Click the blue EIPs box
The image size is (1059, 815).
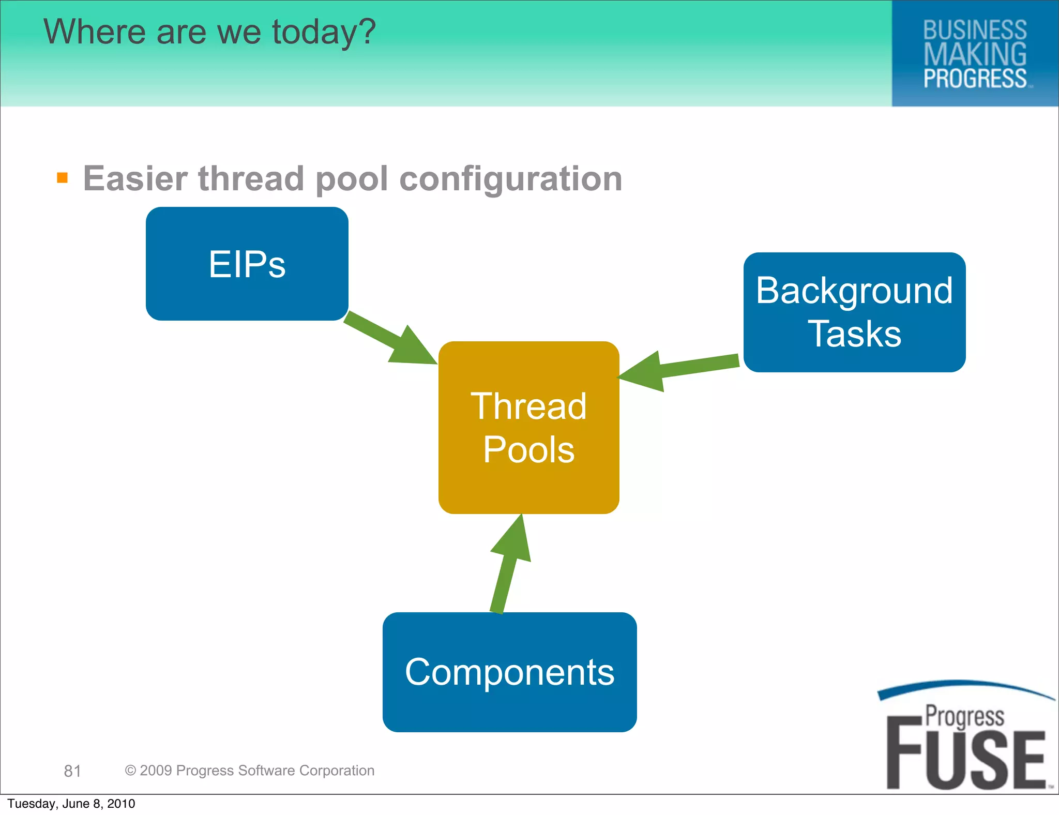point(247,264)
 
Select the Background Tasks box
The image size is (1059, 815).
point(854,312)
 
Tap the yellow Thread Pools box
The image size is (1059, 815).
point(528,427)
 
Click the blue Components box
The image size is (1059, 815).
point(509,672)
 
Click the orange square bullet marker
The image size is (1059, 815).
point(63,178)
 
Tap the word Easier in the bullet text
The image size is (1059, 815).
point(135,178)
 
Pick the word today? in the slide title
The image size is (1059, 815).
point(324,32)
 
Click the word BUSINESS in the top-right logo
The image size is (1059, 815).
point(975,30)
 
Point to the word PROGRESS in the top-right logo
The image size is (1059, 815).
point(975,79)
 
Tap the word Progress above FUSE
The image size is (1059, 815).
point(964,717)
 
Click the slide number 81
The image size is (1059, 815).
point(72,771)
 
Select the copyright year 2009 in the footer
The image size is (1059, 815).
point(156,771)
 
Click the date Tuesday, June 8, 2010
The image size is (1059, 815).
point(71,804)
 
